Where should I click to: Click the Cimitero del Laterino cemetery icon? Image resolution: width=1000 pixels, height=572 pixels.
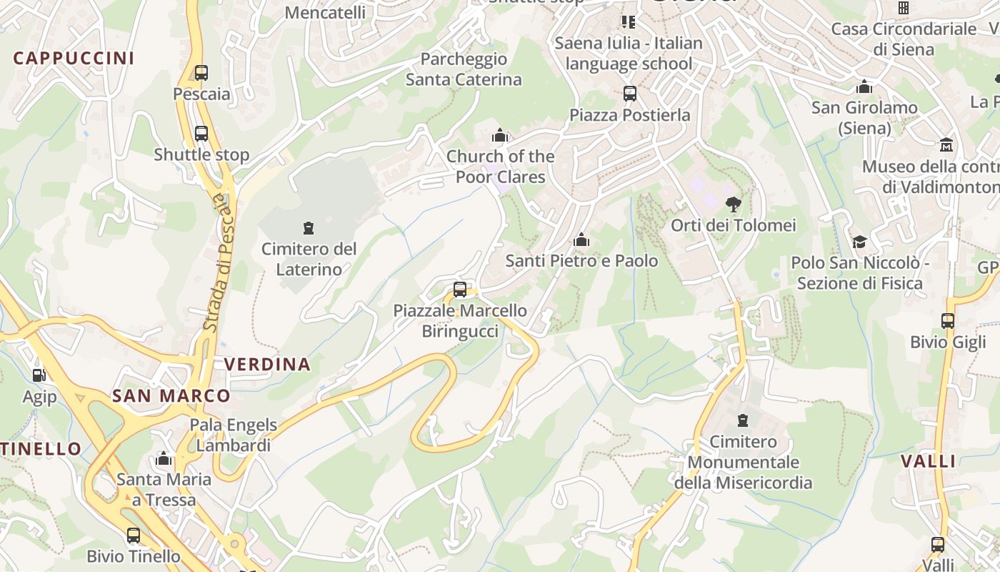tap(309, 228)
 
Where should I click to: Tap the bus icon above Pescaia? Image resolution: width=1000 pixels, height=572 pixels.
tap(201, 72)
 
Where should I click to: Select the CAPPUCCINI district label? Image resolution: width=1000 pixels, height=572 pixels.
tap(74, 58)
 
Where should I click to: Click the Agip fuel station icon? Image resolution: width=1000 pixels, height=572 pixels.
tap(39, 374)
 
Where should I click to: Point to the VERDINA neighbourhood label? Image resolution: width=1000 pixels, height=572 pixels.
tap(268, 364)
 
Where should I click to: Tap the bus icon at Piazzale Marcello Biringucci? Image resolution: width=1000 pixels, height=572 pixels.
tap(460, 290)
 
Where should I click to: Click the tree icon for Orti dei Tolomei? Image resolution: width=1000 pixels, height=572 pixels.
tap(733, 204)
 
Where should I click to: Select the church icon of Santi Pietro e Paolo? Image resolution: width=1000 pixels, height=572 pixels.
tap(581, 240)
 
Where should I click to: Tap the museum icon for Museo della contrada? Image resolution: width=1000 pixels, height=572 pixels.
tap(947, 144)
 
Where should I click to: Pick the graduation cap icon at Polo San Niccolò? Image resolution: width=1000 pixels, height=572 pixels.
tap(859, 242)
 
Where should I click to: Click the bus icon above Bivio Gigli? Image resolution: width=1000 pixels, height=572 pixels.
tap(948, 321)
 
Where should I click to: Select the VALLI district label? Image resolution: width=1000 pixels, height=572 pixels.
tap(928, 461)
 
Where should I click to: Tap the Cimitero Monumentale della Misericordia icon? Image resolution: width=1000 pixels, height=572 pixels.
tap(743, 420)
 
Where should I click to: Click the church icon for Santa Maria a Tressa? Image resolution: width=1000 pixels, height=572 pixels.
tap(164, 458)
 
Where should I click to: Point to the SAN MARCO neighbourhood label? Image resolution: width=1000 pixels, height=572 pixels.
tap(171, 396)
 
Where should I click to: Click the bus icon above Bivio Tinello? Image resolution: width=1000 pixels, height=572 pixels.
tap(134, 535)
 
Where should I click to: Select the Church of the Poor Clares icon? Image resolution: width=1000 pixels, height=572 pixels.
tap(500, 135)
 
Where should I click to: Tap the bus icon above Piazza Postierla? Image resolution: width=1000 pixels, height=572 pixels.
tap(629, 94)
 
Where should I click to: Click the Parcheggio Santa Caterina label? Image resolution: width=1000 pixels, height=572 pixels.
tap(464, 69)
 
